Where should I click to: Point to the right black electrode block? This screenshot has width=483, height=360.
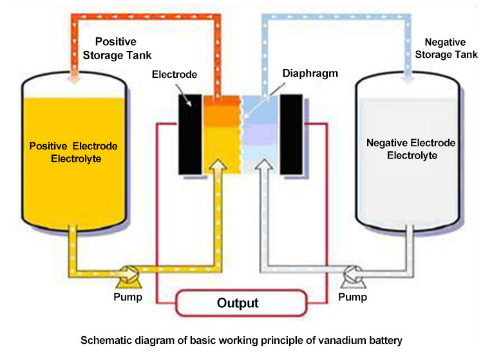(x=292, y=134)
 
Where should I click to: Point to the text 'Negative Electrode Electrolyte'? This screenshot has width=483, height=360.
(x=410, y=149)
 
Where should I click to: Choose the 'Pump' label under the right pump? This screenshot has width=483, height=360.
(x=353, y=297)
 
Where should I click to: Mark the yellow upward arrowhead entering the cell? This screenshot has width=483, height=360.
(x=218, y=168)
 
